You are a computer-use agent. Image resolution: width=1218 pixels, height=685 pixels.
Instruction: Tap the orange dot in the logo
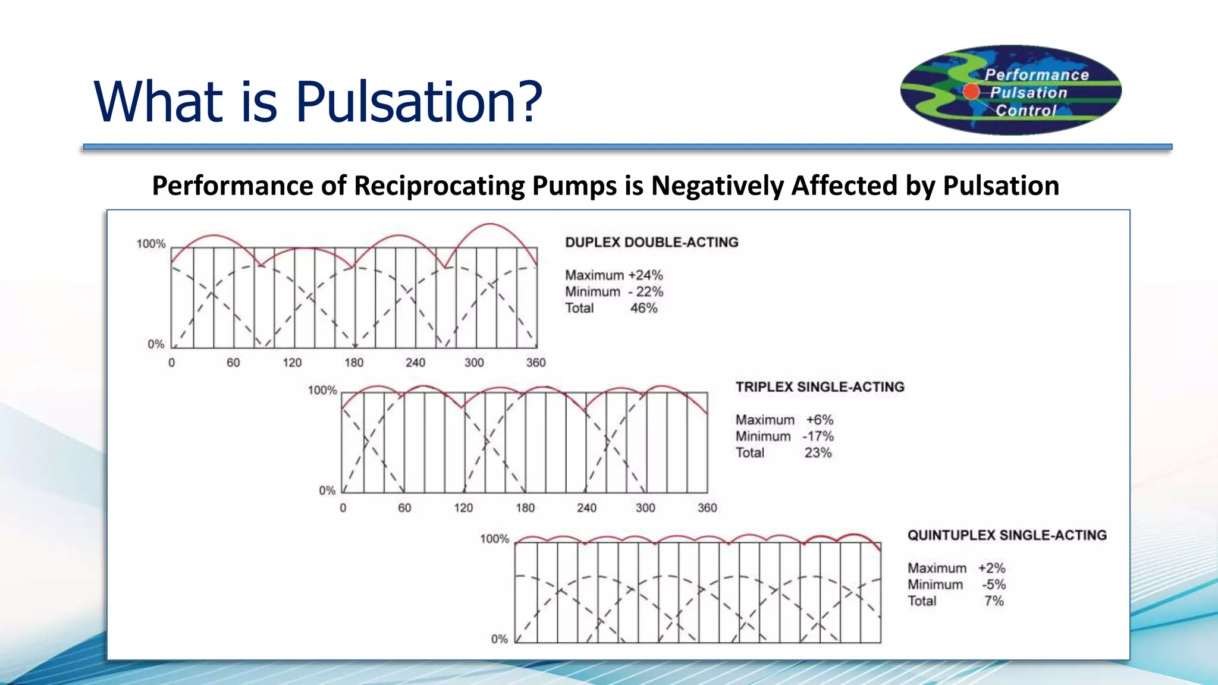pos(971,92)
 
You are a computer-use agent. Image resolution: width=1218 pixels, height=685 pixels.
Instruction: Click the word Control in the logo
pos(1026,111)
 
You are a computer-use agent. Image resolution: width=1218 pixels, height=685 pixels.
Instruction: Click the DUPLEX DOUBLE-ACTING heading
pos(651,243)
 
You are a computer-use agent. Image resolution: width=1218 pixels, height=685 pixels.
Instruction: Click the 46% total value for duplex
pos(643,308)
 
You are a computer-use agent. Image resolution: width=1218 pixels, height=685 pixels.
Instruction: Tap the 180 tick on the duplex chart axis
pos(354,363)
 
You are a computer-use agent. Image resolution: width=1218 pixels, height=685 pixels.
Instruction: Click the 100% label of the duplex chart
pos(151,244)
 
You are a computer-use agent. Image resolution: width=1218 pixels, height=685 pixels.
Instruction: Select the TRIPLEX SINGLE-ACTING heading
pos(820,387)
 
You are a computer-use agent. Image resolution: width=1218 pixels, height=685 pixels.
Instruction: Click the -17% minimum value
pos(818,436)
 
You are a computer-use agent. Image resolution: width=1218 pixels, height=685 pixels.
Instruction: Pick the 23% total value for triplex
pos(818,453)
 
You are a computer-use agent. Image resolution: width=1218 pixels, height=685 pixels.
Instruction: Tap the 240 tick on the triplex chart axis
pos(586,508)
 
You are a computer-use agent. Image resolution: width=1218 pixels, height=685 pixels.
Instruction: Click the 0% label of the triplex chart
pos(327,491)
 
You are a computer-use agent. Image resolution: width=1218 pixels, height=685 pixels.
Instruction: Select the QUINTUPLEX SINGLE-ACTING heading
pos(1006,535)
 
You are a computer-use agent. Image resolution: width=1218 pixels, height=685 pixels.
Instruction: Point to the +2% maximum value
pos(991,568)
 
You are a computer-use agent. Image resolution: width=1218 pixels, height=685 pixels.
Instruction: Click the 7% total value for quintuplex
pos(993,601)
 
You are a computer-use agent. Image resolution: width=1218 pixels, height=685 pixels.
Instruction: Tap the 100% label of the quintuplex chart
pos(494,539)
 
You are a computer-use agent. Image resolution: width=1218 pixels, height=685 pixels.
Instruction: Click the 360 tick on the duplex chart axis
pos(535,363)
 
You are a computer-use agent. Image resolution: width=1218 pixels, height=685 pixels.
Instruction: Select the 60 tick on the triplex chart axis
pos(404,508)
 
